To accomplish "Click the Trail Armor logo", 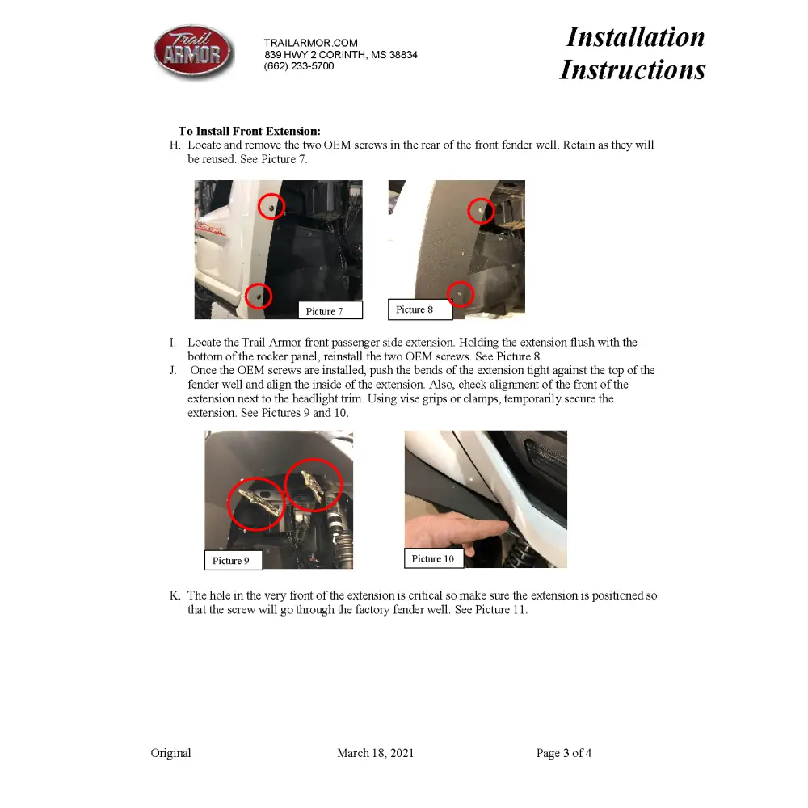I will [193, 53].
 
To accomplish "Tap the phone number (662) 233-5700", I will [298, 66].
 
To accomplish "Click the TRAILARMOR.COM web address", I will [310, 43].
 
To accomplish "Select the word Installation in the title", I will [635, 37].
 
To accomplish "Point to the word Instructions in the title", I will [633, 69].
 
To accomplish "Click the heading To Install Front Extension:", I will [250, 131].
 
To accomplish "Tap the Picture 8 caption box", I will [419, 309].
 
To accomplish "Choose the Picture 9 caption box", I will [232, 560].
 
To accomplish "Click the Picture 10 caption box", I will [433, 558].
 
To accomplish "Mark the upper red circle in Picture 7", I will [271, 207].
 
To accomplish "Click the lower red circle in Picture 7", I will [259, 296].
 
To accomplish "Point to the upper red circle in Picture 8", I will [482, 211].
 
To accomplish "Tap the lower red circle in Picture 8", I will [461, 293].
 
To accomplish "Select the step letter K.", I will [175, 595].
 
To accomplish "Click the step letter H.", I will [175, 145].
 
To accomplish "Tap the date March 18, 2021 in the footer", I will [375, 753].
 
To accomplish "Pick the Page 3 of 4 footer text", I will [564, 753].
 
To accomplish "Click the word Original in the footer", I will [171, 753].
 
